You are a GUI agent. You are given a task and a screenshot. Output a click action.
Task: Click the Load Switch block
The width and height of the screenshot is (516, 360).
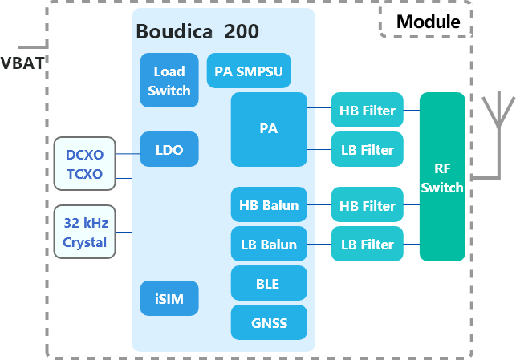click(x=169, y=80)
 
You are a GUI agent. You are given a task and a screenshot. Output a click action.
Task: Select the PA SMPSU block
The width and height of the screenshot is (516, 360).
click(x=249, y=71)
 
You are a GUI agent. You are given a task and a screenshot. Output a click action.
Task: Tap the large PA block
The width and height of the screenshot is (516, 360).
click(x=269, y=129)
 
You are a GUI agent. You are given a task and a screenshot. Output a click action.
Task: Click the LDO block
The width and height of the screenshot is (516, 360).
click(x=169, y=149)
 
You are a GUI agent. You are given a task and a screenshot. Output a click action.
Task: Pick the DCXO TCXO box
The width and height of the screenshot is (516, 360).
click(x=84, y=164)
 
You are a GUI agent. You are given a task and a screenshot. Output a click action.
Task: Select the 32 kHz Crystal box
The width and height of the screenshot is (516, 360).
click(x=84, y=232)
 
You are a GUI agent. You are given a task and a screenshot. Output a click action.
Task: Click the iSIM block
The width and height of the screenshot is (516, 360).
click(x=169, y=299)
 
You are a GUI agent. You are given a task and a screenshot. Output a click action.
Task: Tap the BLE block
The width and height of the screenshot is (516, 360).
click(x=269, y=283)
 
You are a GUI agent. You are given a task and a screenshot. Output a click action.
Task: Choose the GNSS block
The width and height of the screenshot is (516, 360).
click(x=269, y=322)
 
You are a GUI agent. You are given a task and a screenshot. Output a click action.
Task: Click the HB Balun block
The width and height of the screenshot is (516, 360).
click(x=269, y=205)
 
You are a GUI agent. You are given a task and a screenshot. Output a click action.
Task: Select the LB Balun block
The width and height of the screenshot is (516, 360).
click(x=269, y=245)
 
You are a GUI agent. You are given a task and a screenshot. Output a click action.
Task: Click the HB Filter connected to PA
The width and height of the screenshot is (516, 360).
click(x=368, y=111)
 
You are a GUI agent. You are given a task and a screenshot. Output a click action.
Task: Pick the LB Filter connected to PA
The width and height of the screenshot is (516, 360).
click(x=368, y=150)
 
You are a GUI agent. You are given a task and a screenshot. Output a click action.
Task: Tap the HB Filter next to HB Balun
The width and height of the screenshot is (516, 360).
click(x=368, y=206)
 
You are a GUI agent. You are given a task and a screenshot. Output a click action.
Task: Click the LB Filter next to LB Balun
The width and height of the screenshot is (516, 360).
click(x=368, y=245)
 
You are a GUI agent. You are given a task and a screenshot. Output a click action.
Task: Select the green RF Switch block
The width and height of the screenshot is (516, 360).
click(x=442, y=177)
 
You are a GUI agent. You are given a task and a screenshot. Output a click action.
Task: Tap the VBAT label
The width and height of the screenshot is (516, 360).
click(x=22, y=63)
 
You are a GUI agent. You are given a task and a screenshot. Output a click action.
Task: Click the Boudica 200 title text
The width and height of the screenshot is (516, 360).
click(x=197, y=32)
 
